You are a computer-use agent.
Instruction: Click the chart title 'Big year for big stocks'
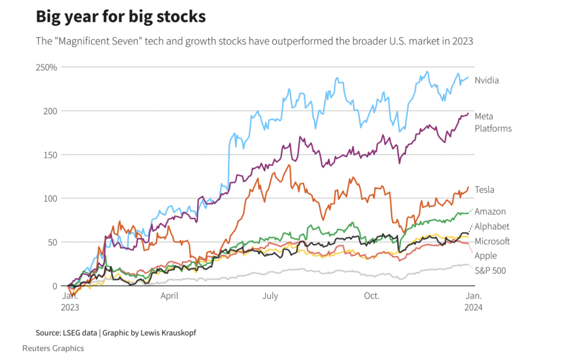120,16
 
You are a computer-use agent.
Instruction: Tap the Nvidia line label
487,80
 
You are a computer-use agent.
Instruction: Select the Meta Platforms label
493,122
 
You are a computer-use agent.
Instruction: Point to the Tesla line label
485,190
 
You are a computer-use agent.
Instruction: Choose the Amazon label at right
490,211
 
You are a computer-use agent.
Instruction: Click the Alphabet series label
492,227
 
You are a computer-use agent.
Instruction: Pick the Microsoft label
492,241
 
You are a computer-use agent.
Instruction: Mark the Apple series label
486,256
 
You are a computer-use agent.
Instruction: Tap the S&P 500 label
490,271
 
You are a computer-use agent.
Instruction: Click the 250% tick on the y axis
47,67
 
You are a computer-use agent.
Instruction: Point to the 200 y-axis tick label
50,111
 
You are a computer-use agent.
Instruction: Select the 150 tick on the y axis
50,155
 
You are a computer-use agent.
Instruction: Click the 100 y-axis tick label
50,198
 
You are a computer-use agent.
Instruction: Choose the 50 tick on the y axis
53,242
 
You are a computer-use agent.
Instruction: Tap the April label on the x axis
170,296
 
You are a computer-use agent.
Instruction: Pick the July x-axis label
270,296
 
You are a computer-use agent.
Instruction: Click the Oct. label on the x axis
371,296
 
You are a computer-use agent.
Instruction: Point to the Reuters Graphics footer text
53,348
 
